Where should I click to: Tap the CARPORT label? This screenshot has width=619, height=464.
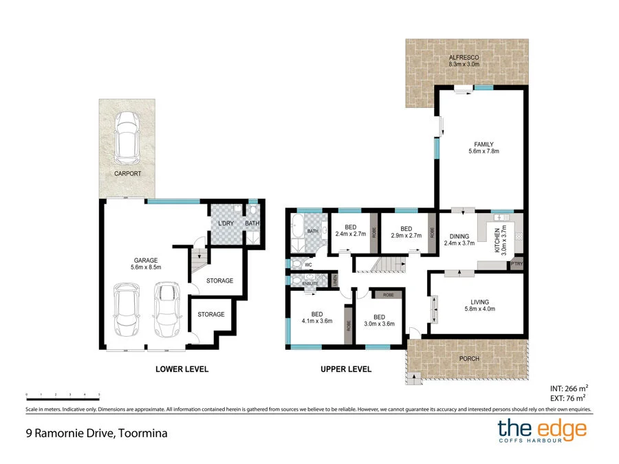(127, 174)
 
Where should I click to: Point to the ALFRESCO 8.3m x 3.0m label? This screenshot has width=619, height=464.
(464, 60)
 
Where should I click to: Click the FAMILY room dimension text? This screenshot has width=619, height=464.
(483, 151)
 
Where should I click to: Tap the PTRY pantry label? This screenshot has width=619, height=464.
(517, 263)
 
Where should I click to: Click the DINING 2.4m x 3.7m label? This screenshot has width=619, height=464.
(459, 239)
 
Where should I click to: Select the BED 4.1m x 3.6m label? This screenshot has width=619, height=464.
(316, 319)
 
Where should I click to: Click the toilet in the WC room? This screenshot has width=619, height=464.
(296, 263)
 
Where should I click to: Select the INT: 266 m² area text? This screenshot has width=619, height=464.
(569, 387)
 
